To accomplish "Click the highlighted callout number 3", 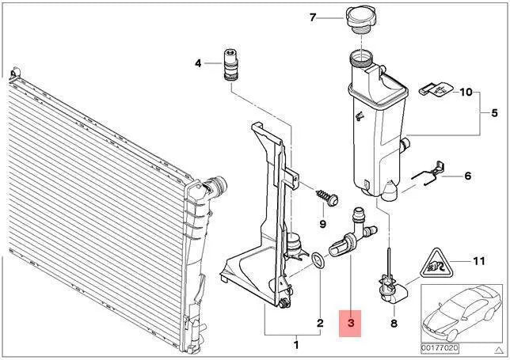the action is click(x=350, y=323).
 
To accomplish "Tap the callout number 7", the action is click(x=313, y=17).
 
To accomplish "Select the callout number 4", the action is click(x=198, y=63).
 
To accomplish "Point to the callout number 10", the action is click(x=466, y=92).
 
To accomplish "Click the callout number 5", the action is click(x=494, y=113).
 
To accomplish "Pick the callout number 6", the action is click(x=467, y=176).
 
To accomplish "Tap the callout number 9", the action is click(x=322, y=224).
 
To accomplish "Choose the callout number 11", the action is click(x=478, y=261).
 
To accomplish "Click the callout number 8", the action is click(x=394, y=323).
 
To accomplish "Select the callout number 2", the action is click(x=320, y=323).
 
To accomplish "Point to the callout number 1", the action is click(x=296, y=345).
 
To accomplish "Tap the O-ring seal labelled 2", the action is click(x=318, y=260).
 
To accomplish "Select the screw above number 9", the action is click(x=328, y=197).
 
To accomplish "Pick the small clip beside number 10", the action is click(x=436, y=89).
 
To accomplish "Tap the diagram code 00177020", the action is click(x=440, y=348).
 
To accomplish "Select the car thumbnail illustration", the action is click(x=461, y=313).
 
